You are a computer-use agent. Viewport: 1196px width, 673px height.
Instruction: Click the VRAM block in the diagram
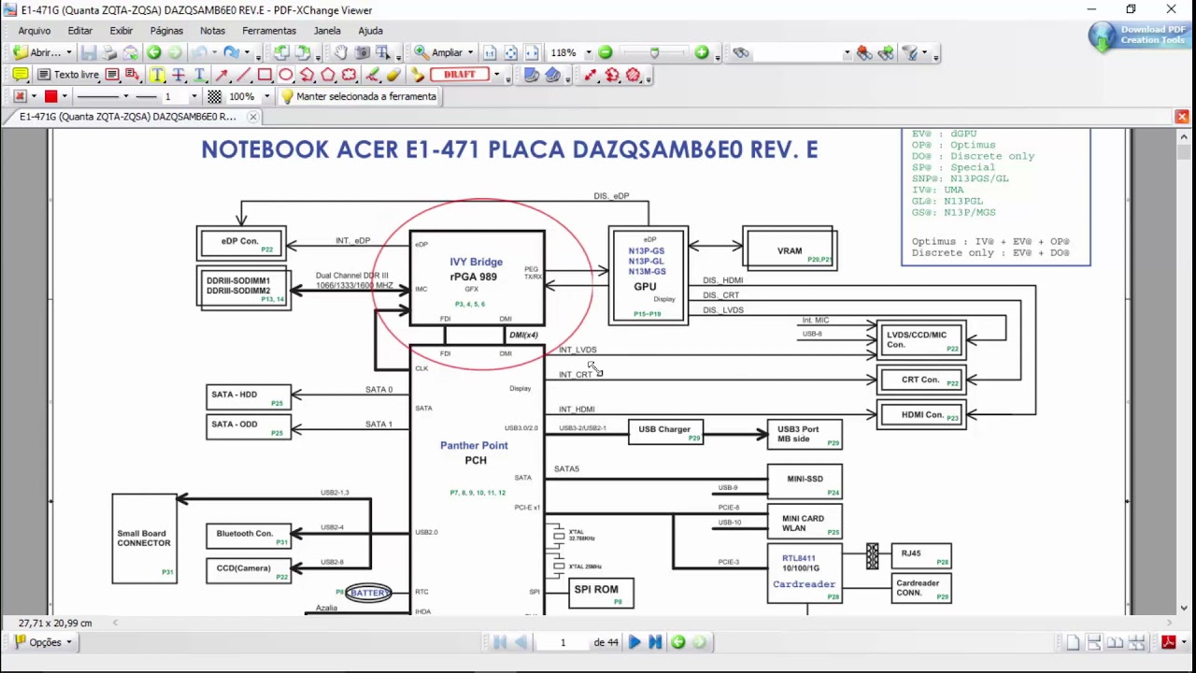(790, 250)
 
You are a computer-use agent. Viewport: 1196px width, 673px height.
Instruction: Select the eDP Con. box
(241, 243)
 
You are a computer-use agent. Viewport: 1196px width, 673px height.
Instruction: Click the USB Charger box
(664, 431)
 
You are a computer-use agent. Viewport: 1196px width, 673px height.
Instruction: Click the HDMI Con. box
(920, 415)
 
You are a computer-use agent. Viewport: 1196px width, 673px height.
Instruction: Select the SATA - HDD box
(248, 397)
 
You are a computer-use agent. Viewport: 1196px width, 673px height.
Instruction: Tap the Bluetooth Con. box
(248, 536)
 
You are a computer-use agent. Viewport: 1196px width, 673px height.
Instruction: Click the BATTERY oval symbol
(369, 593)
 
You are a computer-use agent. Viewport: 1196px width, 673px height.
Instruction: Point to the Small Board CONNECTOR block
(144, 538)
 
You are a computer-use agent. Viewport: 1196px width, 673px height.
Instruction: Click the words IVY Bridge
(476, 262)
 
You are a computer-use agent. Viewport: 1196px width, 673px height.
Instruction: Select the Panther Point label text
(474, 445)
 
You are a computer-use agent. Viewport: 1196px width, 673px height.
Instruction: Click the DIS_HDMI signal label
(722, 280)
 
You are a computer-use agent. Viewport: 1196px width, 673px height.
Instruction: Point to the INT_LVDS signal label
(577, 350)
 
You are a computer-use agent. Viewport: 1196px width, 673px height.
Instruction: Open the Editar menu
(80, 31)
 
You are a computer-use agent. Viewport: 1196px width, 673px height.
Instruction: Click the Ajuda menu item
(370, 31)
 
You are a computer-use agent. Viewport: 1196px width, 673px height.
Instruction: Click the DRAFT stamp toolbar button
(460, 75)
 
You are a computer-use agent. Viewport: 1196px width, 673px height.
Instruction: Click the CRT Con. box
(920, 380)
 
